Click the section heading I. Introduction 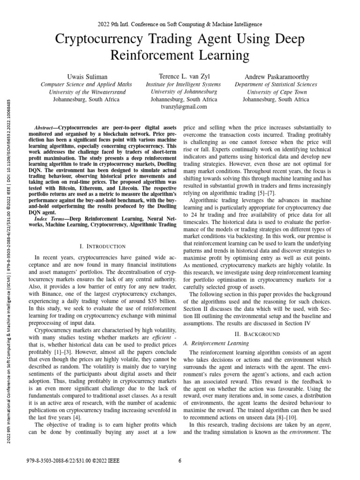(x=103, y=246)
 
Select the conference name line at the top (x=180, y=24)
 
